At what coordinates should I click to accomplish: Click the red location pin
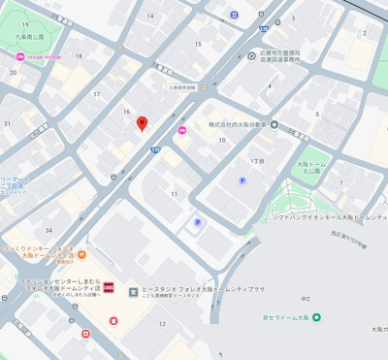pyautogui.click(x=142, y=123)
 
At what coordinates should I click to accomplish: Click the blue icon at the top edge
pyautogui.click(x=234, y=15)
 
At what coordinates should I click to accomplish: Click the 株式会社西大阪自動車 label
pyautogui.click(x=239, y=124)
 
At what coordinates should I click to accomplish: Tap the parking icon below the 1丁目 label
pyautogui.click(x=242, y=180)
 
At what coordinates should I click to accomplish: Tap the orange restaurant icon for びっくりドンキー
pyautogui.click(x=81, y=255)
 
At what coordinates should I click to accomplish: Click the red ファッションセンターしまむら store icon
pyautogui.click(x=109, y=288)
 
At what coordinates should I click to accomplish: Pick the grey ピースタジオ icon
pyautogui.click(x=133, y=290)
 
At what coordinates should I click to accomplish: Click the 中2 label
pyautogui.click(x=305, y=299)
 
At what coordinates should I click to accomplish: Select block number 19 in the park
pyautogui.click(x=24, y=25)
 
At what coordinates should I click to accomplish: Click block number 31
pyautogui.click(x=8, y=123)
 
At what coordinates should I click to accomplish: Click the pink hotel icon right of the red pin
pyautogui.click(x=182, y=131)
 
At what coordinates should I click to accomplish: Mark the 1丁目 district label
pyautogui.click(x=257, y=160)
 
